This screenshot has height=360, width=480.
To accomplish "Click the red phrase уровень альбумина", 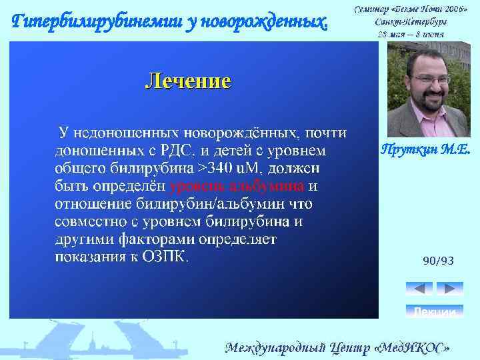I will (237, 185).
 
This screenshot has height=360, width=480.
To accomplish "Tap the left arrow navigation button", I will (419, 289).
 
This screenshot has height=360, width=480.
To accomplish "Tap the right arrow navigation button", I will (449, 289).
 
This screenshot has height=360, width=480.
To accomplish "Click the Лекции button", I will (434, 311).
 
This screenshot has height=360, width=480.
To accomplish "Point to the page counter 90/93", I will (438, 261).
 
